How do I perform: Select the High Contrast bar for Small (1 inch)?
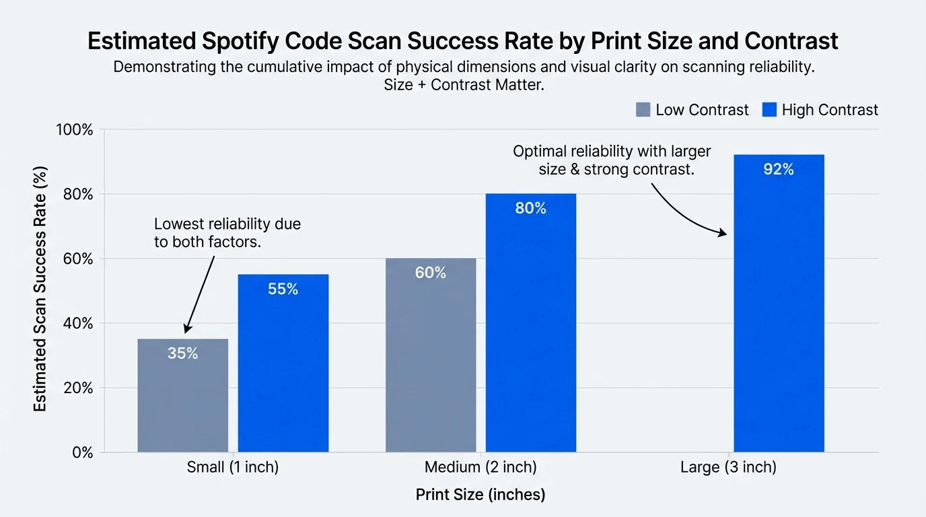(283, 364)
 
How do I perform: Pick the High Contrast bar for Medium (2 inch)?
(531, 323)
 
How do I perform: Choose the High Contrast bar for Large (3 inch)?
(779, 303)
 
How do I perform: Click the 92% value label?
(779, 170)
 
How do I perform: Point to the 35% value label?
(183, 353)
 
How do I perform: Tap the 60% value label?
(431, 273)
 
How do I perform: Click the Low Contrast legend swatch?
(643, 110)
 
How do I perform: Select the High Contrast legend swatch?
(769, 110)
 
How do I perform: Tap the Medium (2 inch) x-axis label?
(480, 467)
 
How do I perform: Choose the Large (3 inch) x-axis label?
(728, 467)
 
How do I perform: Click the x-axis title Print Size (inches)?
(480, 495)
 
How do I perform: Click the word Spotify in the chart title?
(238, 41)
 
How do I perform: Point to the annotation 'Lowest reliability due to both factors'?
(227, 233)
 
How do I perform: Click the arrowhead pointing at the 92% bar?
(723, 233)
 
